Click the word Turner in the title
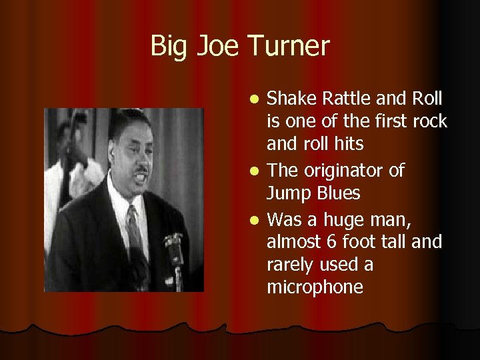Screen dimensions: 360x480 tap(288, 47)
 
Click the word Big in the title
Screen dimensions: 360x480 tap(167, 47)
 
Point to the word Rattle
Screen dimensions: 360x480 tap(345, 99)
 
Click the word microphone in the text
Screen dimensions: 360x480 tap(315, 288)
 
